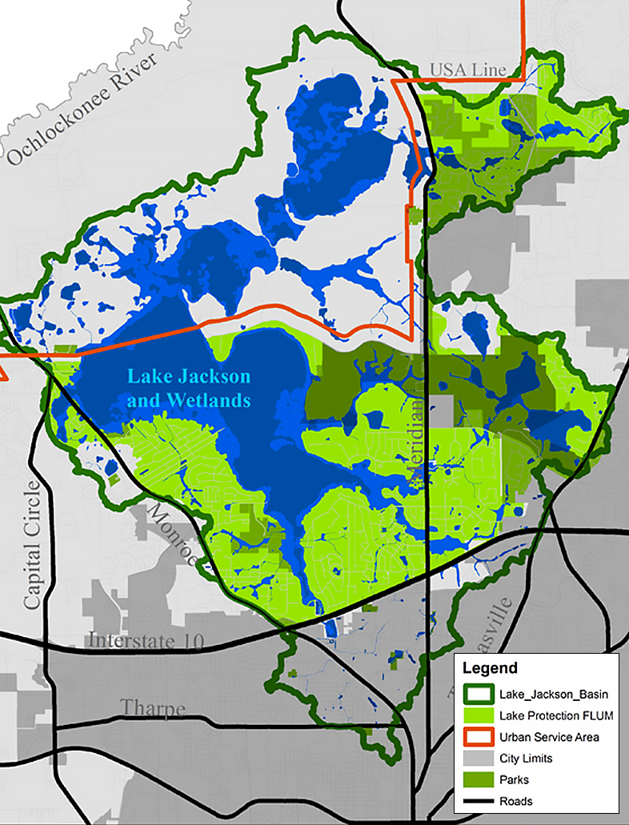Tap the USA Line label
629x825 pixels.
point(468,70)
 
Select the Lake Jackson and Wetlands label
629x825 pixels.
point(190,388)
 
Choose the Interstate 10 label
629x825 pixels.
point(146,641)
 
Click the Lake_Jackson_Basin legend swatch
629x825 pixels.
point(477,693)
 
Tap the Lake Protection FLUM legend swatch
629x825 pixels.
point(477,715)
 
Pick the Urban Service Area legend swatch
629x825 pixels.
point(477,736)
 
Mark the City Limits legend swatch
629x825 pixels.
point(477,758)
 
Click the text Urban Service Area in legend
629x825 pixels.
point(549,737)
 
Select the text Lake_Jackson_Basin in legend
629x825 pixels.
point(548,694)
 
